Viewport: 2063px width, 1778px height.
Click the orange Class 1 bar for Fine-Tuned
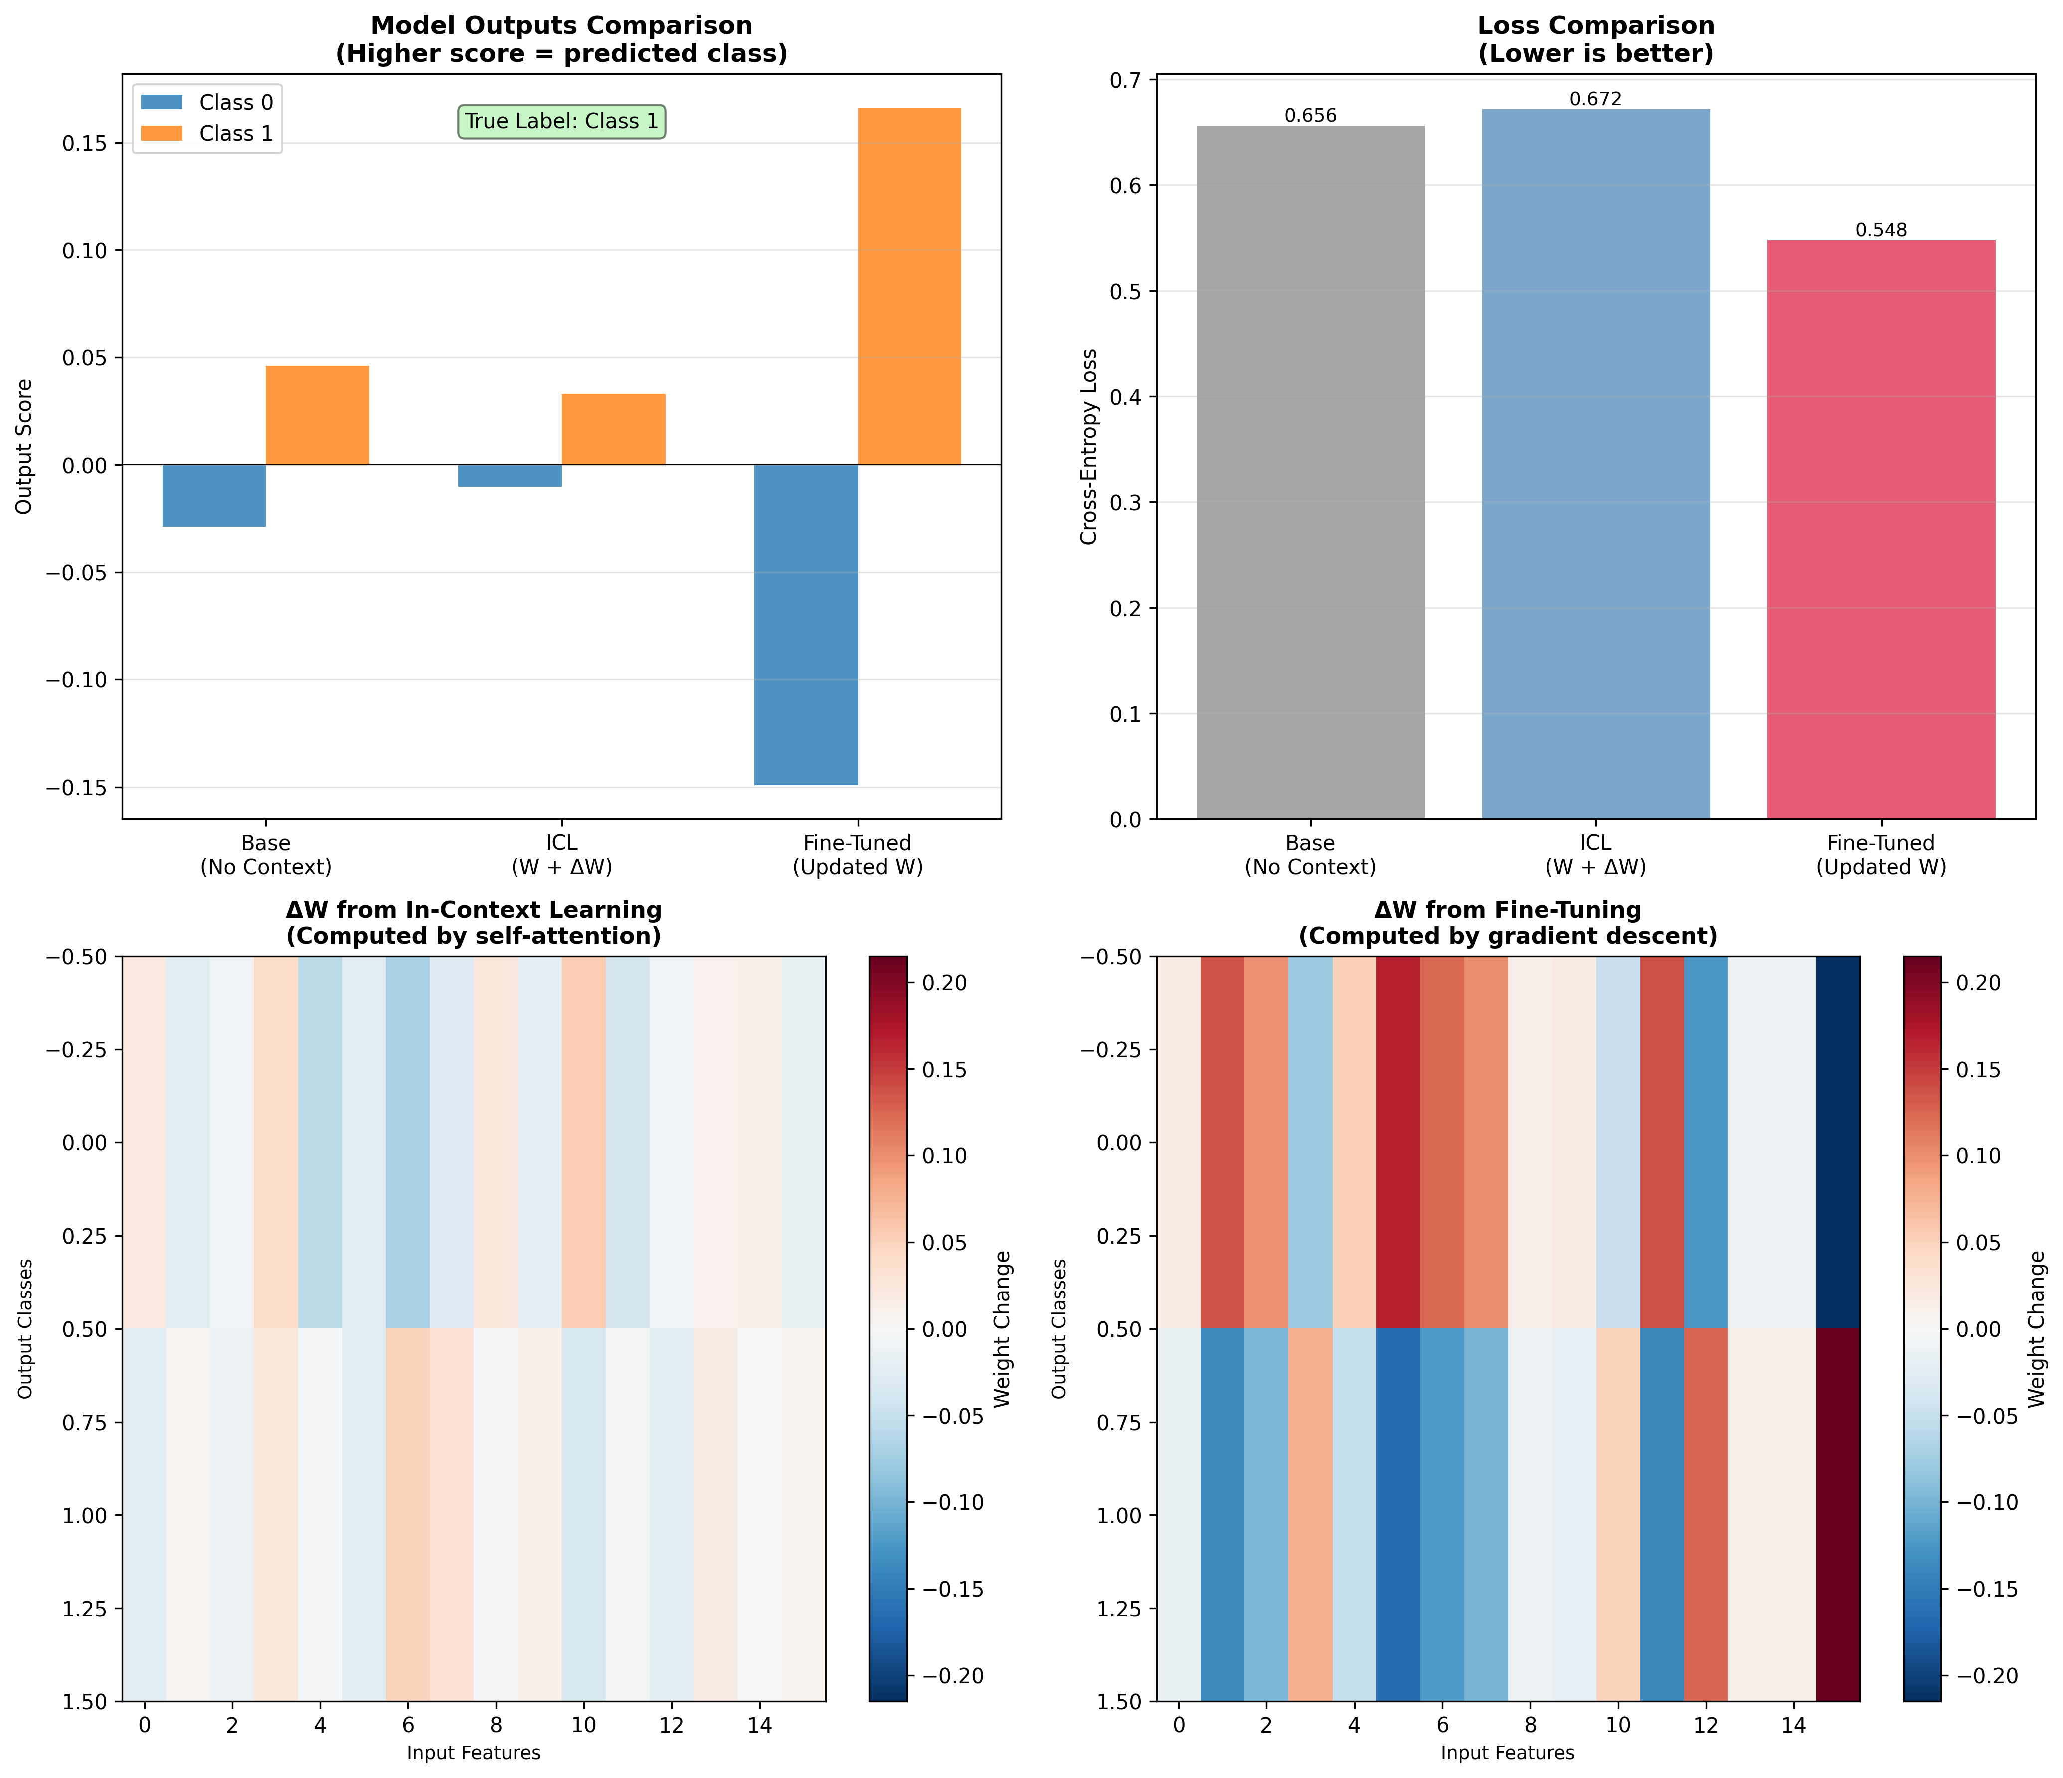909,286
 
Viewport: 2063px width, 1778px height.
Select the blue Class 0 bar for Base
214,495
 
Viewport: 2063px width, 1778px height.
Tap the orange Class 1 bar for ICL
613,429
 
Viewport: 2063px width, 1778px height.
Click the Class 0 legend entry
235,103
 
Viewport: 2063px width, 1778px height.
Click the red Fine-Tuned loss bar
1881,530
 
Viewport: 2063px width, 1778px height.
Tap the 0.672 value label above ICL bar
1595,100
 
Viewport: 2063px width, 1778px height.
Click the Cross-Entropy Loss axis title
1089,447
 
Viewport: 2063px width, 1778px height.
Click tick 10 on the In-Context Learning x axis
583,1725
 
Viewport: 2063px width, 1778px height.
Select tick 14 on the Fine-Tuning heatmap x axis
1793,1725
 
